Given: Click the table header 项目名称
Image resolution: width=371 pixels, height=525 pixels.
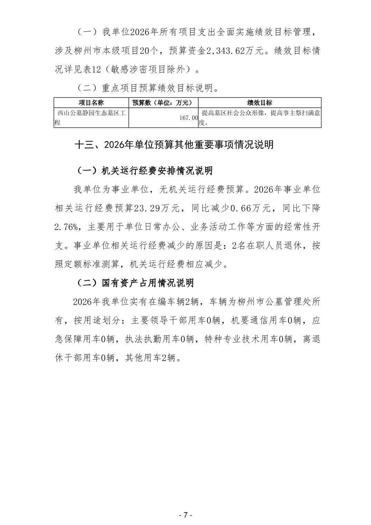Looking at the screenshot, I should (91, 103).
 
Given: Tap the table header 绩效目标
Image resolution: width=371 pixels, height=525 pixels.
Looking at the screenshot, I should (259, 103).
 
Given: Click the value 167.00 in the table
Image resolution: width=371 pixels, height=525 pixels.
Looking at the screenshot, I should (188, 118).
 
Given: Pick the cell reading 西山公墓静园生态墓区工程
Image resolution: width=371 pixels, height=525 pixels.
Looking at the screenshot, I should (91, 117).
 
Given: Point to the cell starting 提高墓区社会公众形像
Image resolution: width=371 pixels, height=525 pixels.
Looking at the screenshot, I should (259, 117).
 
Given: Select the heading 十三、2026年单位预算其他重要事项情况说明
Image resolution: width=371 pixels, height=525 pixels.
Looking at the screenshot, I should (174, 144).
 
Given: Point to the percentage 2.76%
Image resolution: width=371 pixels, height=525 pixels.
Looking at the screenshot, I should (67, 227).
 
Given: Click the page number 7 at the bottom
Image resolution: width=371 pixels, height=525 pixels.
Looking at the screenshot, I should (185, 515).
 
